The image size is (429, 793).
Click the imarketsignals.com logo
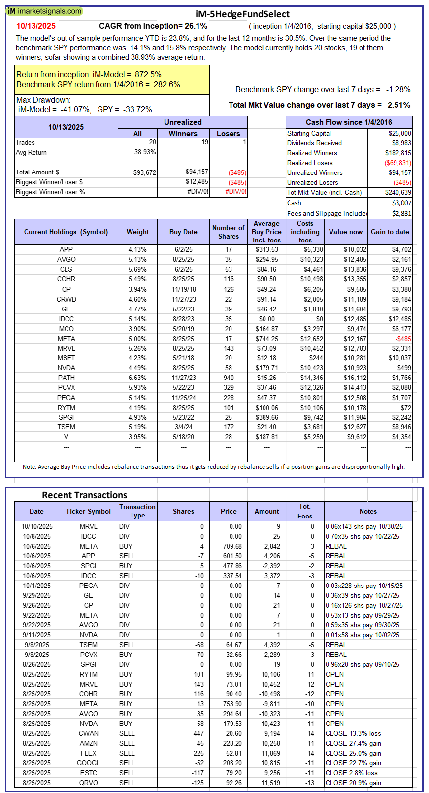pyautogui.click(x=44, y=11)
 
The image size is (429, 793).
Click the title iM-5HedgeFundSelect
pyautogui.click(x=242, y=14)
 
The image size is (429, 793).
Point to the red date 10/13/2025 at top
pyautogui.click(x=36, y=26)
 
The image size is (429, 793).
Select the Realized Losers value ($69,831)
pyautogui.click(x=398, y=163)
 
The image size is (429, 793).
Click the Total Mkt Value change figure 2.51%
pyautogui.click(x=399, y=105)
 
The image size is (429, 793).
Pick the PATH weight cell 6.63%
pyautogui.click(x=137, y=378)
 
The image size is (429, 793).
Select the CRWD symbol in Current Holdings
pyautogui.click(x=66, y=299)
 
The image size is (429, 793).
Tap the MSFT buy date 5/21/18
pyautogui.click(x=183, y=358)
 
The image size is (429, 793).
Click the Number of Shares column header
pyautogui.click(x=228, y=232)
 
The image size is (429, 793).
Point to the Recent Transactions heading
pyautogui.click(x=84, y=495)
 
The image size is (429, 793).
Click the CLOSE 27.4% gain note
pyautogui.click(x=353, y=743)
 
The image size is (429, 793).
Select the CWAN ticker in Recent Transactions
pyautogui.click(x=88, y=733)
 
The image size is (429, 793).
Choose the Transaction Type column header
pyautogui.click(x=137, y=511)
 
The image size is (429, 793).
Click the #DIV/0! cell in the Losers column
pyautogui.click(x=236, y=192)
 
